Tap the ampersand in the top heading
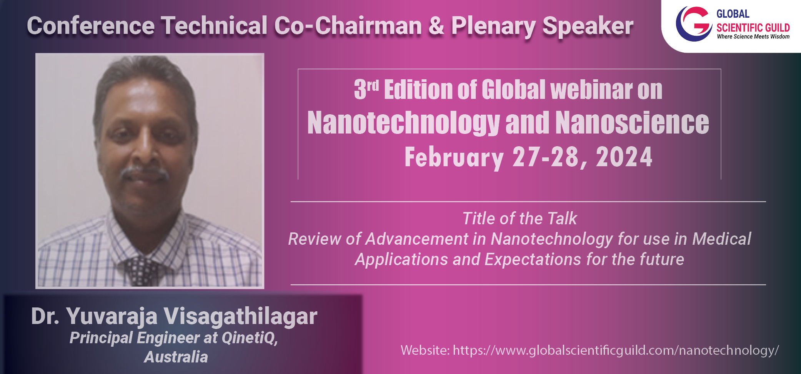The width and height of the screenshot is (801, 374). [x=436, y=26]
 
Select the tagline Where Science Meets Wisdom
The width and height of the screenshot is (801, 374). [x=753, y=37]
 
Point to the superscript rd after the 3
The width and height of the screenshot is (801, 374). [x=373, y=85]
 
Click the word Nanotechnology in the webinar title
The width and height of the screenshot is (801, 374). [x=403, y=123]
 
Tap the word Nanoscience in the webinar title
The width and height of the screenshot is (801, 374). [x=632, y=123]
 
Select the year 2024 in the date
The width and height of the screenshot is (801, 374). [x=624, y=157]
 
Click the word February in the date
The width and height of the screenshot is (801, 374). [x=454, y=158]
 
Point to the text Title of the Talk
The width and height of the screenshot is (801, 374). [x=520, y=218]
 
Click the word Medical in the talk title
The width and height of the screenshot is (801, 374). [x=721, y=239]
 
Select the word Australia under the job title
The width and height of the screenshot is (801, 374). [x=176, y=357]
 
